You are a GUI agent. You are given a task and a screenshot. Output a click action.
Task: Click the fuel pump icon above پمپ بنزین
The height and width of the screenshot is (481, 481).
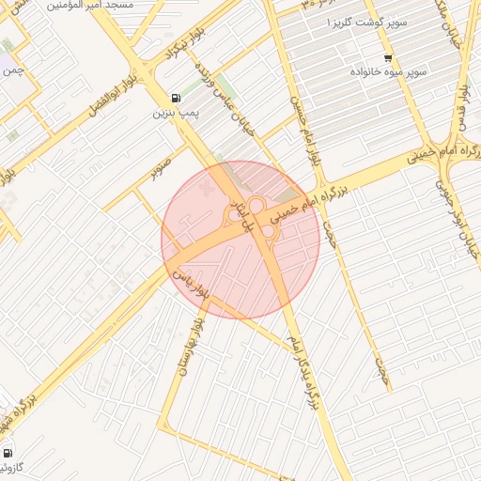click(176, 98)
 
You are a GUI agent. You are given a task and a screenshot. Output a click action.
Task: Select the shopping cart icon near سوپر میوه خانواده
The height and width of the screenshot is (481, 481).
click(388, 58)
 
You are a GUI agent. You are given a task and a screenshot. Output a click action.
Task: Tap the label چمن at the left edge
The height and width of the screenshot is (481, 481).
click(11, 70)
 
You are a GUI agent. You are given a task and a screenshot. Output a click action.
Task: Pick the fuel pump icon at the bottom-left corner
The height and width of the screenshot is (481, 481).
click(8, 453)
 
